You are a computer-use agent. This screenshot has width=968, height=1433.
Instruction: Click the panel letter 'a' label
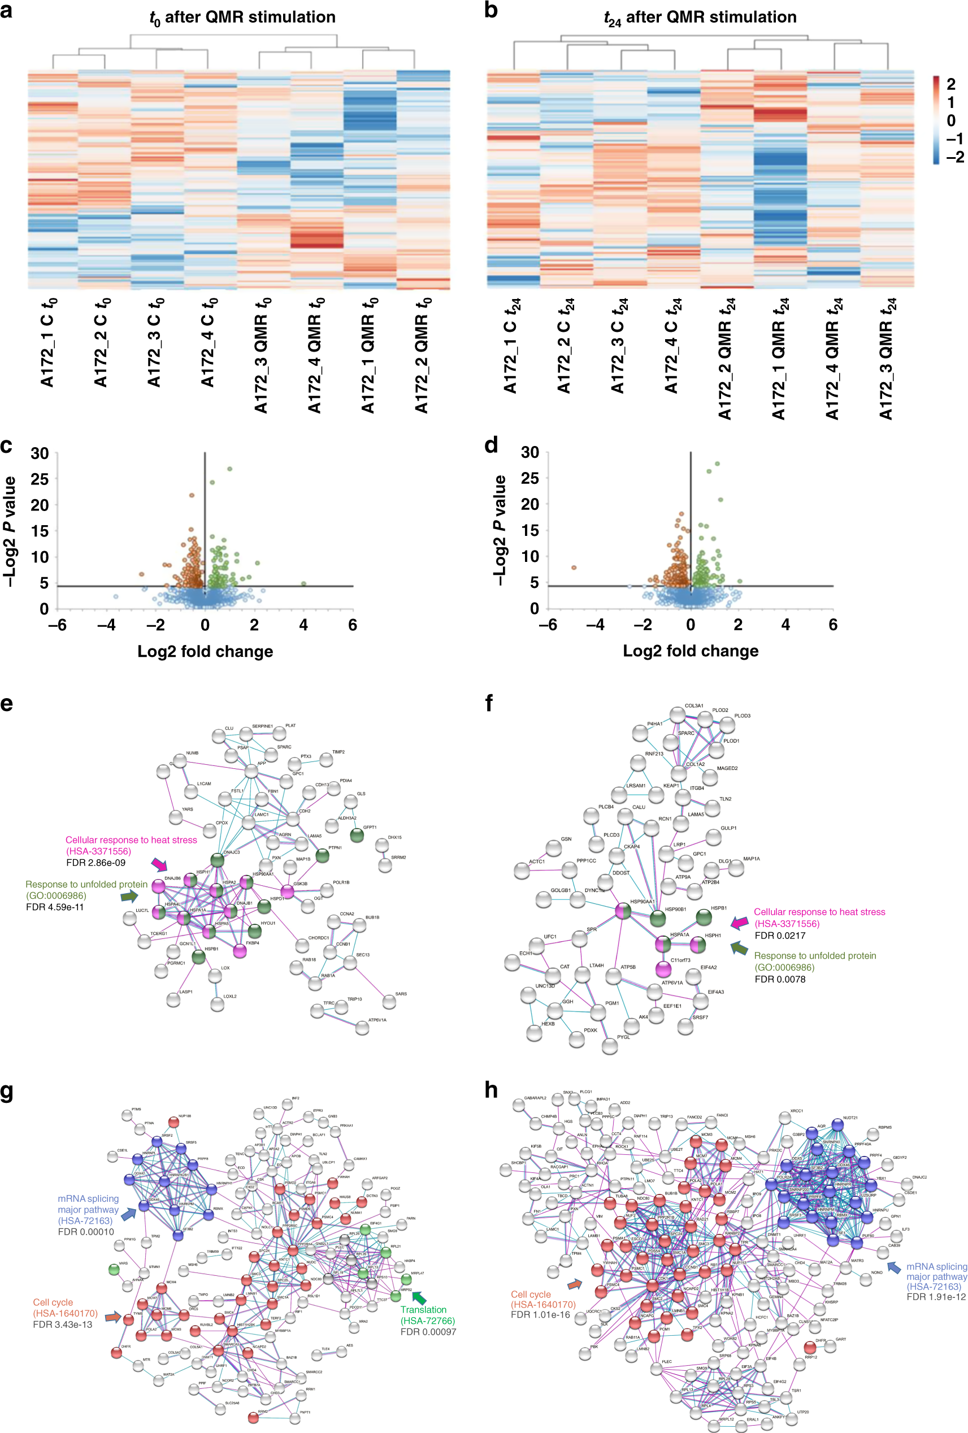pyautogui.click(x=6, y=11)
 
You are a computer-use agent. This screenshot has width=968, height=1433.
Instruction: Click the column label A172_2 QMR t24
pyautogui.click(x=726, y=358)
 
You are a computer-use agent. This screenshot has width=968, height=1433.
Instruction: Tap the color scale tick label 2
pyautogui.click(x=950, y=84)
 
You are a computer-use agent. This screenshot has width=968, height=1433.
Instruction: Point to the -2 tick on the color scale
pyautogui.click(x=954, y=157)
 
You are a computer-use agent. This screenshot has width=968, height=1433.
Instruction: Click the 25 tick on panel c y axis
pyautogui.click(x=40, y=479)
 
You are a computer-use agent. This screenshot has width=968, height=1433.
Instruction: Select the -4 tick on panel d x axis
pyautogui.click(x=595, y=625)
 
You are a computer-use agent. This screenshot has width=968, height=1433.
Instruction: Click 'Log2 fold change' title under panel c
pyautogui.click(x=205, y=651)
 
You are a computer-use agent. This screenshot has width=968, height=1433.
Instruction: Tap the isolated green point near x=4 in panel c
pyautogui.click(x=303, y=583)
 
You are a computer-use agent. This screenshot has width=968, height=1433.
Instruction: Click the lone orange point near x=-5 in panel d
pyautogui.click(x=574, y=568)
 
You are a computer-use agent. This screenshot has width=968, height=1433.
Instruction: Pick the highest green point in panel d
pyautogui.click(x=717, y=464)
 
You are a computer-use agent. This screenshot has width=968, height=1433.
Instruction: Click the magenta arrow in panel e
pyautogui.click(x=159, y=864)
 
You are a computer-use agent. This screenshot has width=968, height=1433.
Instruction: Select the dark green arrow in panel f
pyautogui.click(x=739, y=948)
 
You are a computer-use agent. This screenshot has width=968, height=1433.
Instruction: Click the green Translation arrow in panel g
pyautogui.click(x=419, y=1298)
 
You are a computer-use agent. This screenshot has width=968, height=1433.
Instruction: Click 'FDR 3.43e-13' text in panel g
pyautogui.click(x=62, y=1324)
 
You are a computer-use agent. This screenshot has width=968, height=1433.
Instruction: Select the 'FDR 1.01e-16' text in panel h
pyautogui.click(x=540, y=1315)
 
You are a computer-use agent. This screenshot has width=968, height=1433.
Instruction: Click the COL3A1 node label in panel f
pyautogui.click(x=693, y=705)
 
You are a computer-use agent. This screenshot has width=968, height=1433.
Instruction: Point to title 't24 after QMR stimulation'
pyautogui.click(x=700, y=18)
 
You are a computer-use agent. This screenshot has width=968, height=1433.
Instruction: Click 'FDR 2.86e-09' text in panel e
pyautogui.click(x=96, y=863)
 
